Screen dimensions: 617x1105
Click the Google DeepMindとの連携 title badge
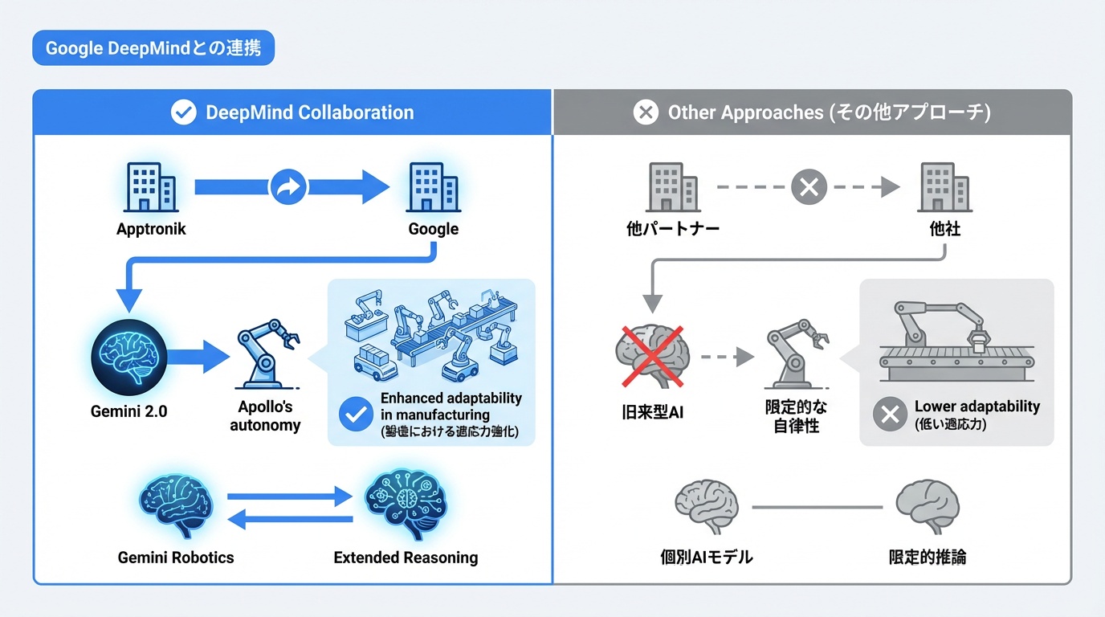pyautogui.click(x=153, y=48)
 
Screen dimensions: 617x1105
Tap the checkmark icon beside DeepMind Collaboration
pyautogui.click(x=184, y=112)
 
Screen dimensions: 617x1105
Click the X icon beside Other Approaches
pyautogui.click(x=646, y=112)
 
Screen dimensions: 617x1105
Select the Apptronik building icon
pyautogui.click(x=150, y=187)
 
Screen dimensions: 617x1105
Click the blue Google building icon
pyautogui.click(x=433, y=187)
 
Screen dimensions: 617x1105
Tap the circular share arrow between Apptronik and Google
pyautogui.click(x=288, y=187)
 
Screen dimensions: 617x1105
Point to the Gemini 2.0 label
pyautogui.click(x=129, y=412)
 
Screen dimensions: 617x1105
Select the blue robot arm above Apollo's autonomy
pyautogui.click(x=266, y=353)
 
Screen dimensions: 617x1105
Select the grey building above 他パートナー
pyautogui.click(x=672, y=187)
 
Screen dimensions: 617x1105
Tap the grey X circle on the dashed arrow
pyautogui.click(x=809, y=187)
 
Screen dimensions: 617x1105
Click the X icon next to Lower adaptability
pyautogui.click(x=890, y=415)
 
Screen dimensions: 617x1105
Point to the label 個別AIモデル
pyautogui.click(x=706, y=557)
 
